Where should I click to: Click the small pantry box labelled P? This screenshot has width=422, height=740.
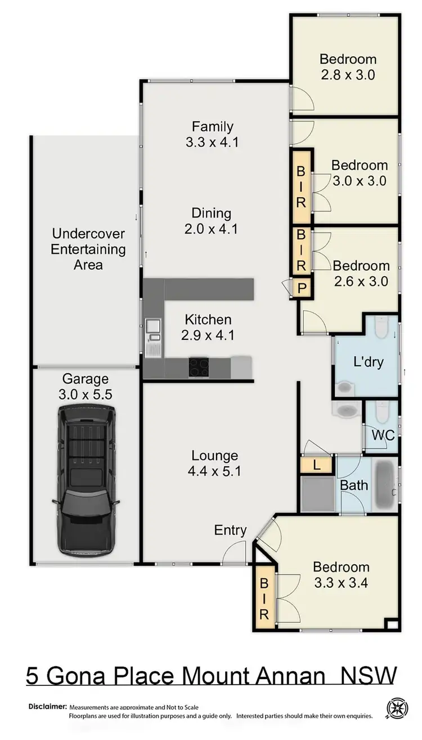tap(302, 289)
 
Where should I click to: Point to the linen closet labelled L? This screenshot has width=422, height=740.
tap(309, 465)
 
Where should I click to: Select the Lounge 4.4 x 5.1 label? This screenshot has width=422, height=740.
tap(216, 463)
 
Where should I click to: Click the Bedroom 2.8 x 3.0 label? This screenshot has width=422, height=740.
tap(348, 66)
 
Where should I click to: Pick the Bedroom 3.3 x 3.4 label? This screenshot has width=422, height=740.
tap(341, 575)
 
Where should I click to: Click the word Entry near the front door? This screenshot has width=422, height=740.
tap(230, 530)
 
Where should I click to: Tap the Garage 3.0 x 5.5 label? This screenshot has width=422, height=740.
tap(86, 387)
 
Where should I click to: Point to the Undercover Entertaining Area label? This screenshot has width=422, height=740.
tap(88, 249)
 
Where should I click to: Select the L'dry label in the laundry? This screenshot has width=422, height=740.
tap(369, 361)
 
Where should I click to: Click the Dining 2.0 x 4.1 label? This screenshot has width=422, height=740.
tap(212, 221)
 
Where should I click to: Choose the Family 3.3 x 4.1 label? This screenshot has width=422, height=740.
tap(212, 134)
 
